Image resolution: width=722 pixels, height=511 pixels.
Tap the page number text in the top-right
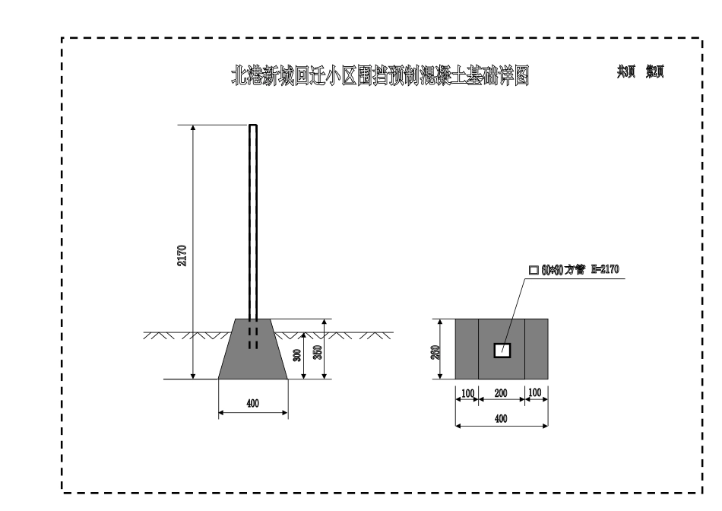click(645, 71)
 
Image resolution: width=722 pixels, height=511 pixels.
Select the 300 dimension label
click(297, 354)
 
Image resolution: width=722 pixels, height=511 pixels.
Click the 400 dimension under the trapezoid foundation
click(253, 404)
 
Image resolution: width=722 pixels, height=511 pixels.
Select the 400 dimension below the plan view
click(502, 417)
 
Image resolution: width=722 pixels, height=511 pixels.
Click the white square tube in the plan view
click(502, 350)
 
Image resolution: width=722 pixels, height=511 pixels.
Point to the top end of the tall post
click(253, 126)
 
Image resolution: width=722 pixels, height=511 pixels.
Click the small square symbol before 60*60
click(533, 270)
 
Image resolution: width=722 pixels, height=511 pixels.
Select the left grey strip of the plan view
click(467, 349)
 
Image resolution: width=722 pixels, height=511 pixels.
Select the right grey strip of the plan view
click(537, 349)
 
